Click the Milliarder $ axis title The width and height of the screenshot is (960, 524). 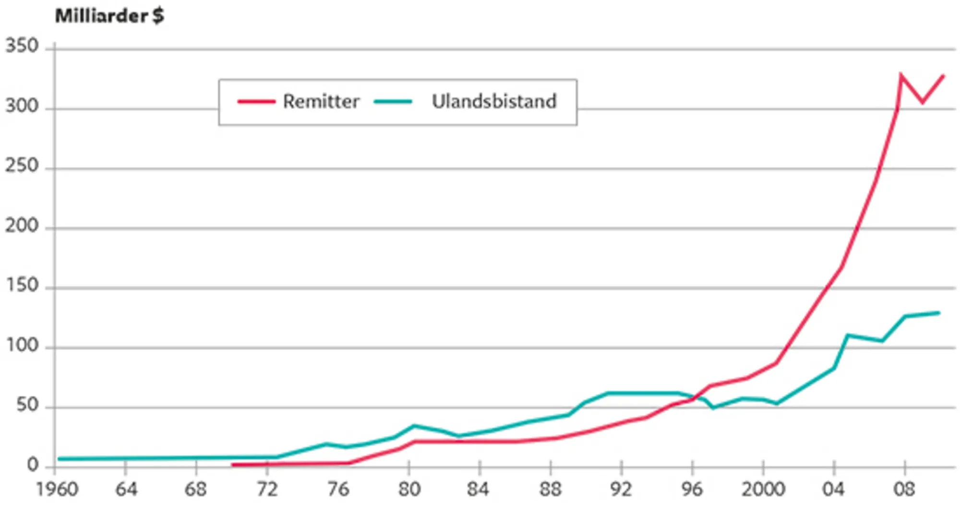(109, 16)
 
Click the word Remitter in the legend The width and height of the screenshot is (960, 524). (321, 101)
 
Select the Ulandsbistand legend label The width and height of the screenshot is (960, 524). (494, 101)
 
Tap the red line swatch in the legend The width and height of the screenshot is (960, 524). (256, 102)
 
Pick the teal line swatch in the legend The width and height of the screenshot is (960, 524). (393, 102)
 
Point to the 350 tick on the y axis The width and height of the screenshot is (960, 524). (22, 46)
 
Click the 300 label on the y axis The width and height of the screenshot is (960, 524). (22, 106)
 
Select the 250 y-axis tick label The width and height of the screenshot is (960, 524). (22, 166)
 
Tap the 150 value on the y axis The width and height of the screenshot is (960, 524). (22, 286)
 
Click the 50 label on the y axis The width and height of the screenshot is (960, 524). (27, 405)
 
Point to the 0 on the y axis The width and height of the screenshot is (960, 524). (33, 465)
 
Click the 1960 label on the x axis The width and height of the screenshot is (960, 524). (57, 490)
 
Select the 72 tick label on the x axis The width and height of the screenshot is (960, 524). (267, 490)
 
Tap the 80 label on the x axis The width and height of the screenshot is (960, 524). (409, 490)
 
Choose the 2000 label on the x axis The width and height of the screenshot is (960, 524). (763, 490)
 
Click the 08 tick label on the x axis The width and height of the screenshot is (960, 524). (904, 490)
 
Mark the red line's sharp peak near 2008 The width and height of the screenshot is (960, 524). (900, 74)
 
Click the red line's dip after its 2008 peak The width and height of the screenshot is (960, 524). (923, 102)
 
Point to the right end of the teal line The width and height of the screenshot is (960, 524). (939, 313)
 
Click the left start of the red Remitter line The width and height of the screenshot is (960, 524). (232, 465)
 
